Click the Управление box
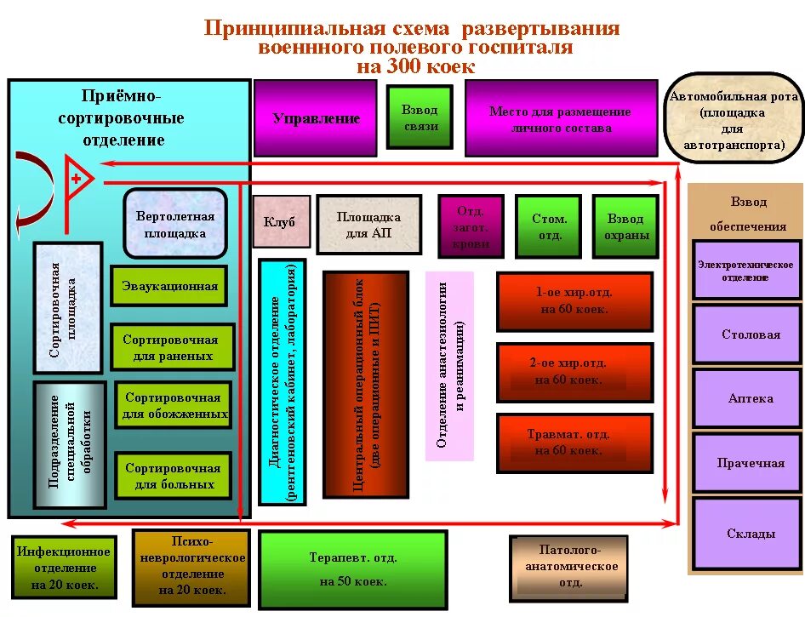tap(316, 118)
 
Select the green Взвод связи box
tap(420, 118)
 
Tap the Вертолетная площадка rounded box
tap(175, 224)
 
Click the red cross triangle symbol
tap(78, 179)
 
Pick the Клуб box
tap(279, 222)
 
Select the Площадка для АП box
tap(368, 225)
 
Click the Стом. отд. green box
tap(550, 226)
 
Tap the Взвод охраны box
tap(625, 226)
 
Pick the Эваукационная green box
tap(169, 286)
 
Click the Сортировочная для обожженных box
tap(173, 406)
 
